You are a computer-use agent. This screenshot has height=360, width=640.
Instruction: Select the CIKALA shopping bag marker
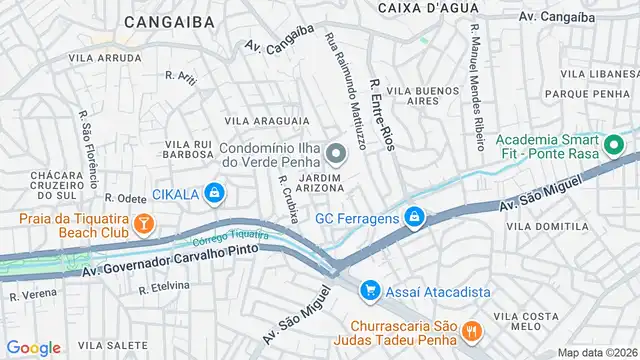[x=214, y=192]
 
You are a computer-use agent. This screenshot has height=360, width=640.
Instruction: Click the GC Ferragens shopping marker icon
[x=414, y=217]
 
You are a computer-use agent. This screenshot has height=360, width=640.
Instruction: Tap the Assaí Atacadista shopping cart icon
[x=370, y=290]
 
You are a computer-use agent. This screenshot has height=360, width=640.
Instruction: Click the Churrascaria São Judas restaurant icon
[x=473, y=328]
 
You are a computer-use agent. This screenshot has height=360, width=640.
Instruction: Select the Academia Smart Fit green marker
[x=616, y=147]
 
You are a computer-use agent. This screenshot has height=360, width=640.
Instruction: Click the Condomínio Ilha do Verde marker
[x=335, y=153]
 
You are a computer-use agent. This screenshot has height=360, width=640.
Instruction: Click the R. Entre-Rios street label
[x=381, y=116]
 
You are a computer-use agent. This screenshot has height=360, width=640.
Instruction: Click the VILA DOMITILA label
[x=547, y=227]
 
